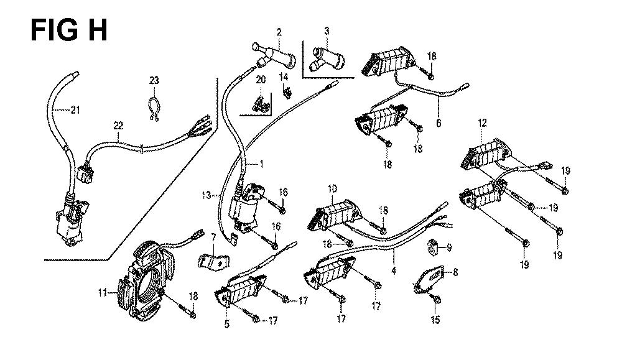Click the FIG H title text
pyautogui.click(x=68, y=30)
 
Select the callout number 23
pyautogui.click(x=154, y=80)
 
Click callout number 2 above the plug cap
pyautogui.click(x=279, y=32)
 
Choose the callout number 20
pyautogui.click(x=261, y=80)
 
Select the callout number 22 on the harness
pyautogui.click(x=118, y=126)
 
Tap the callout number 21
pyautogui.click(x=75, y=109)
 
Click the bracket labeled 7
pyautogui.click(x=214, y=260)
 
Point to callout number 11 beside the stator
pyautogui.click(x=103, y=293)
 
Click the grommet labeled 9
pyautogui.click(x=432, y=247)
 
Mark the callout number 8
pyautogui.click(x=455, y=272)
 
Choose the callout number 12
pyautogui.click(x=482, y=123)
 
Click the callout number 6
pyautogui.click(x=439, y=123)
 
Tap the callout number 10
pyautogui.click(x=332, y=189)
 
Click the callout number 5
pyautogui.click(x=226, y=325)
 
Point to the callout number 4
pyautogui.click(x=393, y=271)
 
